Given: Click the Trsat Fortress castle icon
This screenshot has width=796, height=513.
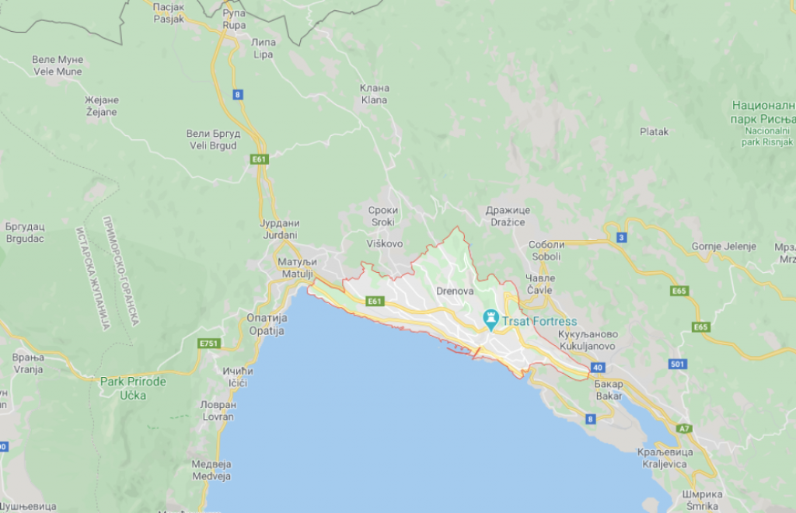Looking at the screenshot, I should click(491, 318).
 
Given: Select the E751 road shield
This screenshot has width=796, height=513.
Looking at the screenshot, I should click(209, 343).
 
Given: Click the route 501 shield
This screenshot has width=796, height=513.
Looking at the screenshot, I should click(677, 364).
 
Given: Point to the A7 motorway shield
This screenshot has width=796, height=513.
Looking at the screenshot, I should click(684, 428).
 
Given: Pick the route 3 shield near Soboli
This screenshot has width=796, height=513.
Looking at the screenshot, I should click(621, 237).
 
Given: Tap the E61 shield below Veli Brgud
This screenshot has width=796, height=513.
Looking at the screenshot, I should click(259, 159).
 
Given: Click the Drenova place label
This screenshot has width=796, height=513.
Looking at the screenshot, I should click(456, 291).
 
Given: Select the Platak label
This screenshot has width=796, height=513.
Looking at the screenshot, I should click(654, 132).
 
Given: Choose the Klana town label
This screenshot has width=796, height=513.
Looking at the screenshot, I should click(374, 94).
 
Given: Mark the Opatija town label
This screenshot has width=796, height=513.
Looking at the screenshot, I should click(267, 324).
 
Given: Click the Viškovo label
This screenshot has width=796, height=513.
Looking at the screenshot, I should click(384, 243).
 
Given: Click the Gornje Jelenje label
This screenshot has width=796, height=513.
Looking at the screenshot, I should click(724, 246).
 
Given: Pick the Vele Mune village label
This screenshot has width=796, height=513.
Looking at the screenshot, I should click(58, 65).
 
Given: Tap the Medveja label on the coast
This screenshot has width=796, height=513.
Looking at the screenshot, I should click(211, 470).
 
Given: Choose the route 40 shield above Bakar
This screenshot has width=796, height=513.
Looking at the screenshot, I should click(597, 367).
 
